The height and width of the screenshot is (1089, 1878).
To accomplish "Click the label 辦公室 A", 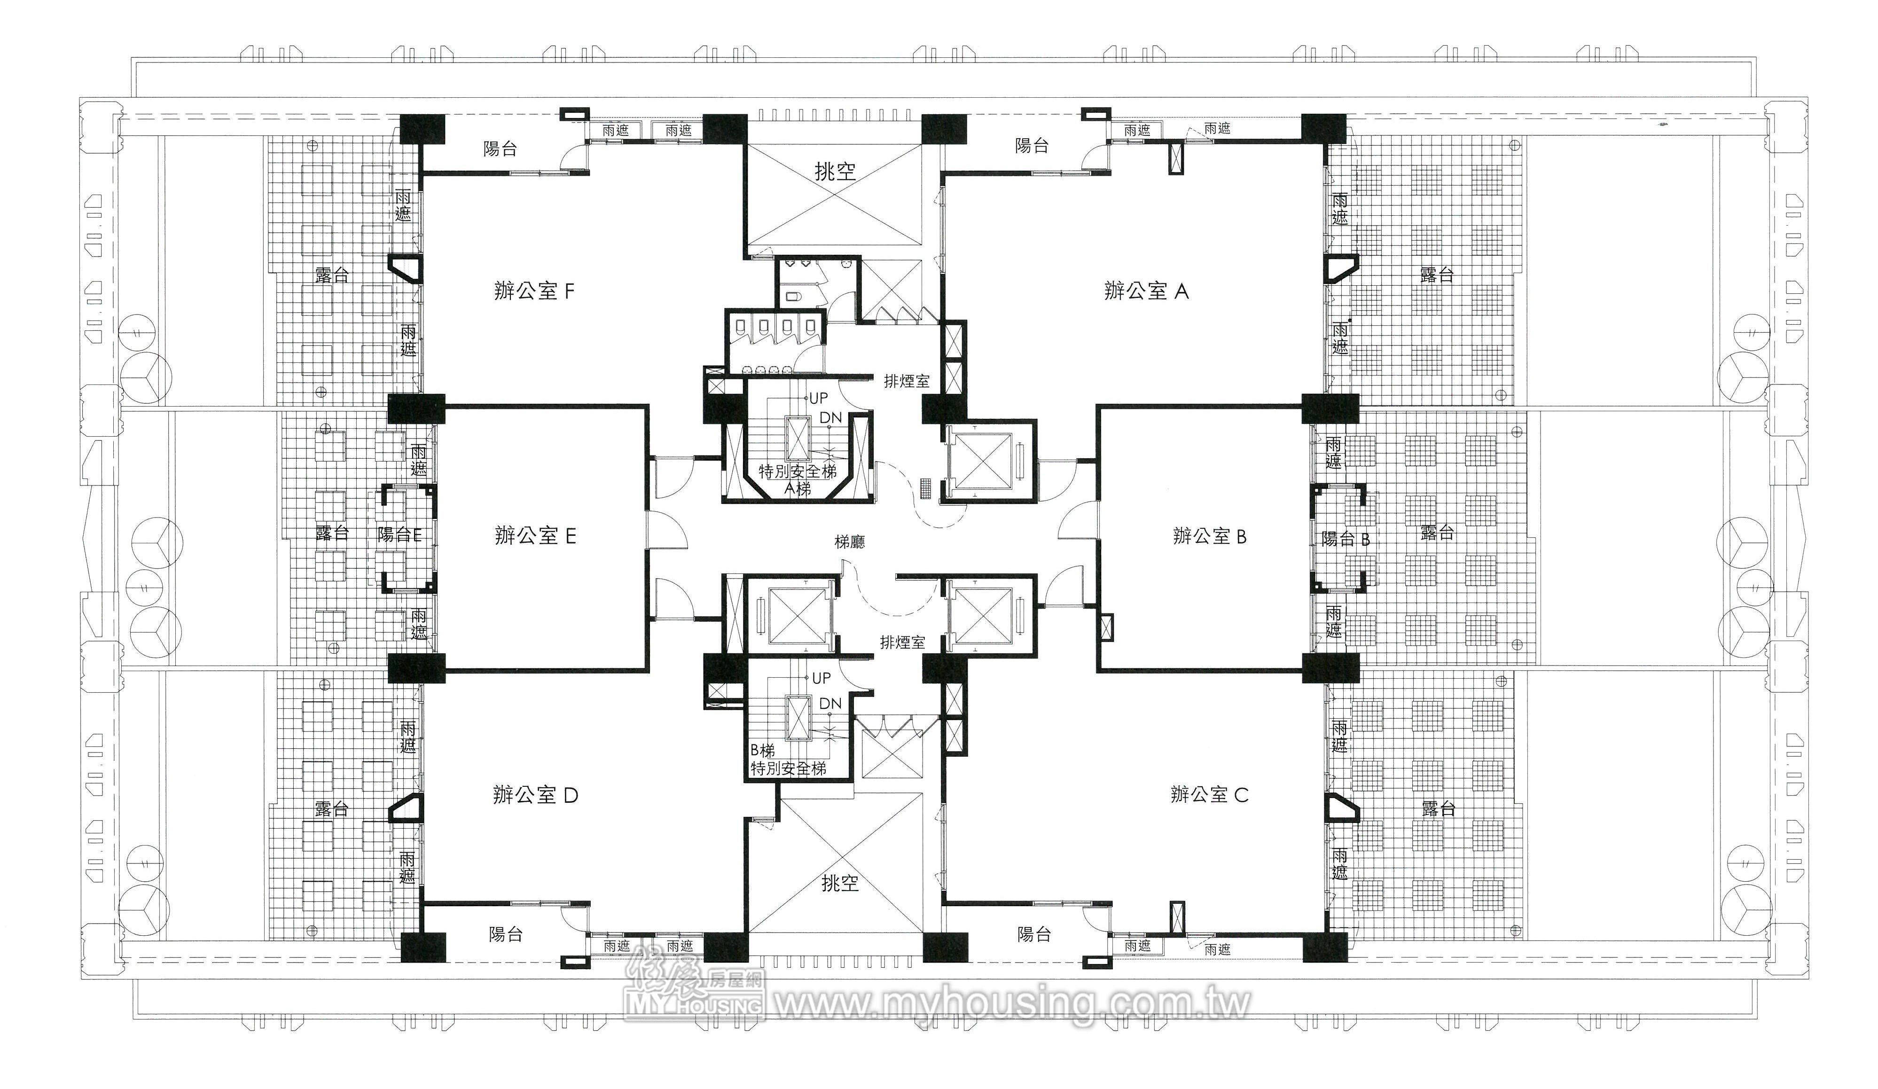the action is point(1146,291).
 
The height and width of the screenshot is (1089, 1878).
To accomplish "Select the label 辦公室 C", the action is point(1209,795).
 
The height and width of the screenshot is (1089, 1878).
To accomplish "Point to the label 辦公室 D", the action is point(535,795).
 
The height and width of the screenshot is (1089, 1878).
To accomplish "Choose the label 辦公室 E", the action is point(535,535).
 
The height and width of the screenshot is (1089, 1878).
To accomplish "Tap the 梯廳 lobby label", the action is point(850,542).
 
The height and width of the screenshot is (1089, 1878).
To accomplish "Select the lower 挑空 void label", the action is point(840,883).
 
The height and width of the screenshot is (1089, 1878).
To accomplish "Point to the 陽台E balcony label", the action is point(399,535).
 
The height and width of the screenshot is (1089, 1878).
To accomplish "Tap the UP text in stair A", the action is point(818,399).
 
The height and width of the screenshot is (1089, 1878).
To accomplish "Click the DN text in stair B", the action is point(830,704).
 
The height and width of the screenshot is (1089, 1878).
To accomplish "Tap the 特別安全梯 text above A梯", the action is point(798,471).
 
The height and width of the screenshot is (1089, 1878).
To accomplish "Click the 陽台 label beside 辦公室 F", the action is point(500,149).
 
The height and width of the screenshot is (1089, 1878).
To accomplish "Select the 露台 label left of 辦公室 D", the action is point(332,809).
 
